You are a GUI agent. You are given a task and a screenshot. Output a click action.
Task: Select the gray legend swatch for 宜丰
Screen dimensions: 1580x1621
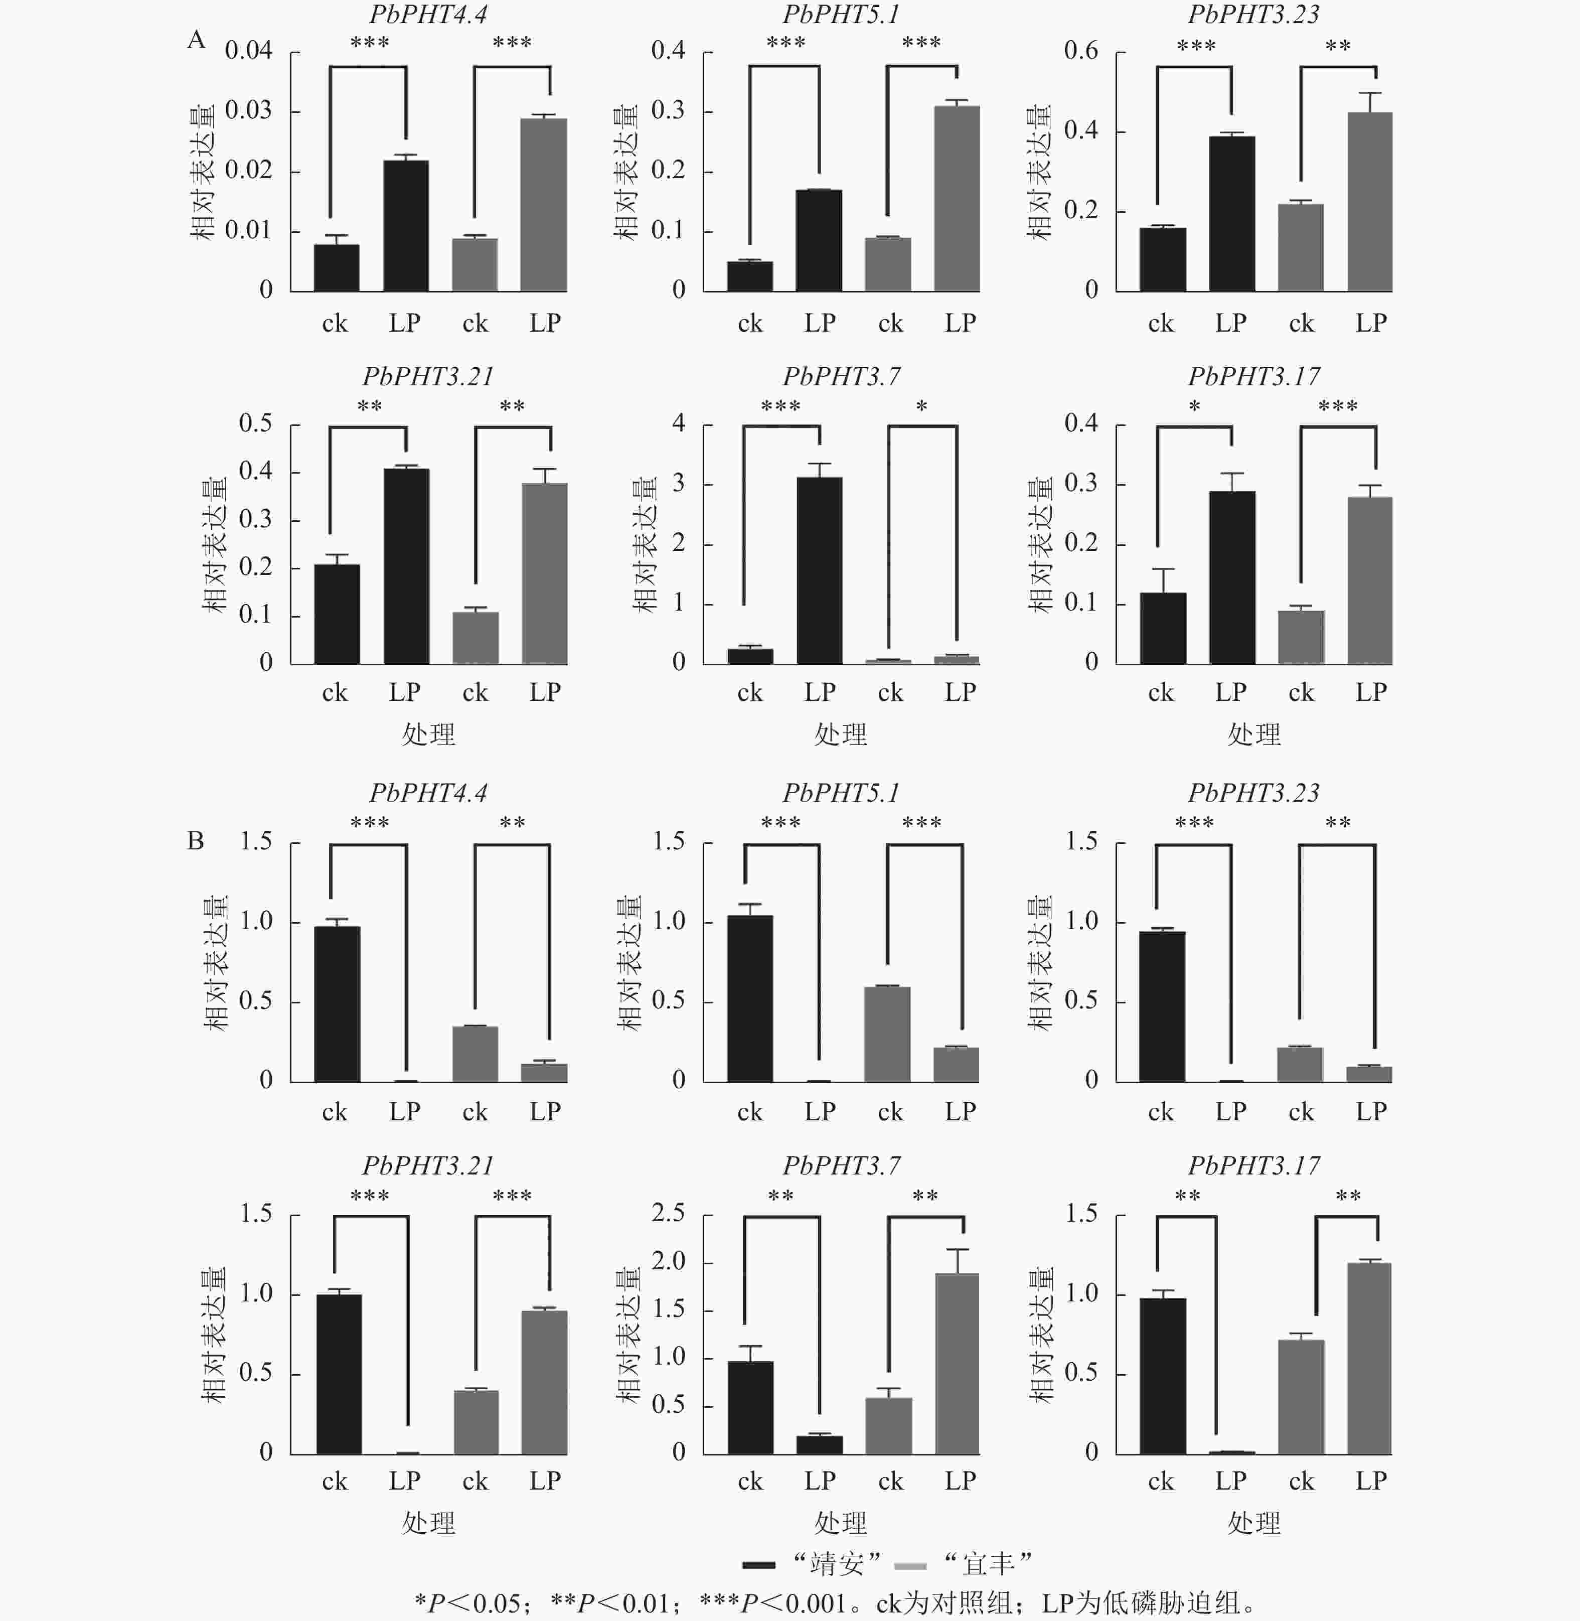910,1565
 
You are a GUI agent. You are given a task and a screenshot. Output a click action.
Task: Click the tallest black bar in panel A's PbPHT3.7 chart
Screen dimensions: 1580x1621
819,570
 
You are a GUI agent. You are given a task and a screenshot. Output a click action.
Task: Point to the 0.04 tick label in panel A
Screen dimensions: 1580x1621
248,51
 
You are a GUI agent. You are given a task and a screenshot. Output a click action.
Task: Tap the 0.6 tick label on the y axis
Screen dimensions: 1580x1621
1080,51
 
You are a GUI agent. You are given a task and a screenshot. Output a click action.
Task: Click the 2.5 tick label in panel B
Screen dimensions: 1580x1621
668,1214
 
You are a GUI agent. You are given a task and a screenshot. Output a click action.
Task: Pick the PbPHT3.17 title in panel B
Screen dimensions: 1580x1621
1253,1165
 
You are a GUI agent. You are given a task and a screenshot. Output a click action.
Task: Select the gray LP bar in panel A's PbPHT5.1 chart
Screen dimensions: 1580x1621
957,198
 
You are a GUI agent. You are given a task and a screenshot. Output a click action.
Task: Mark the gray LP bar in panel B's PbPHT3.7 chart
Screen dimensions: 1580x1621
957,1364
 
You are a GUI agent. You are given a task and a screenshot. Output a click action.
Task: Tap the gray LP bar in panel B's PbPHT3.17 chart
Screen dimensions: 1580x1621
1369,1359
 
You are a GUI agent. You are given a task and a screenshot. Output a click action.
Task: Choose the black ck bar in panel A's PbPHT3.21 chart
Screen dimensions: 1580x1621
337,614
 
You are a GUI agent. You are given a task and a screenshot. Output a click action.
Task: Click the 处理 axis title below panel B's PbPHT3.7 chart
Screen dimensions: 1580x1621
841,1523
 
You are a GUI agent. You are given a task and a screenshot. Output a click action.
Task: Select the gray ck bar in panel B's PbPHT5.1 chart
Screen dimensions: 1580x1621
888,1034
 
